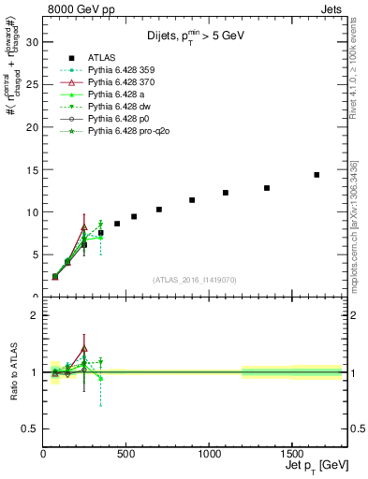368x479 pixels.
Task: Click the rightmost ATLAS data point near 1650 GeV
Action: [x=316, y=175]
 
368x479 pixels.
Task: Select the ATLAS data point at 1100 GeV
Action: [x=226, y=193]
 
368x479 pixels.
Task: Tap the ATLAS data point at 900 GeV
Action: [x=192, y=200]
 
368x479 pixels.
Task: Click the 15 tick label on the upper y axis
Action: [x=35, y=169]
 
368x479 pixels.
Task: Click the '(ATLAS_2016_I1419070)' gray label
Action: [x=195, y=279]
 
